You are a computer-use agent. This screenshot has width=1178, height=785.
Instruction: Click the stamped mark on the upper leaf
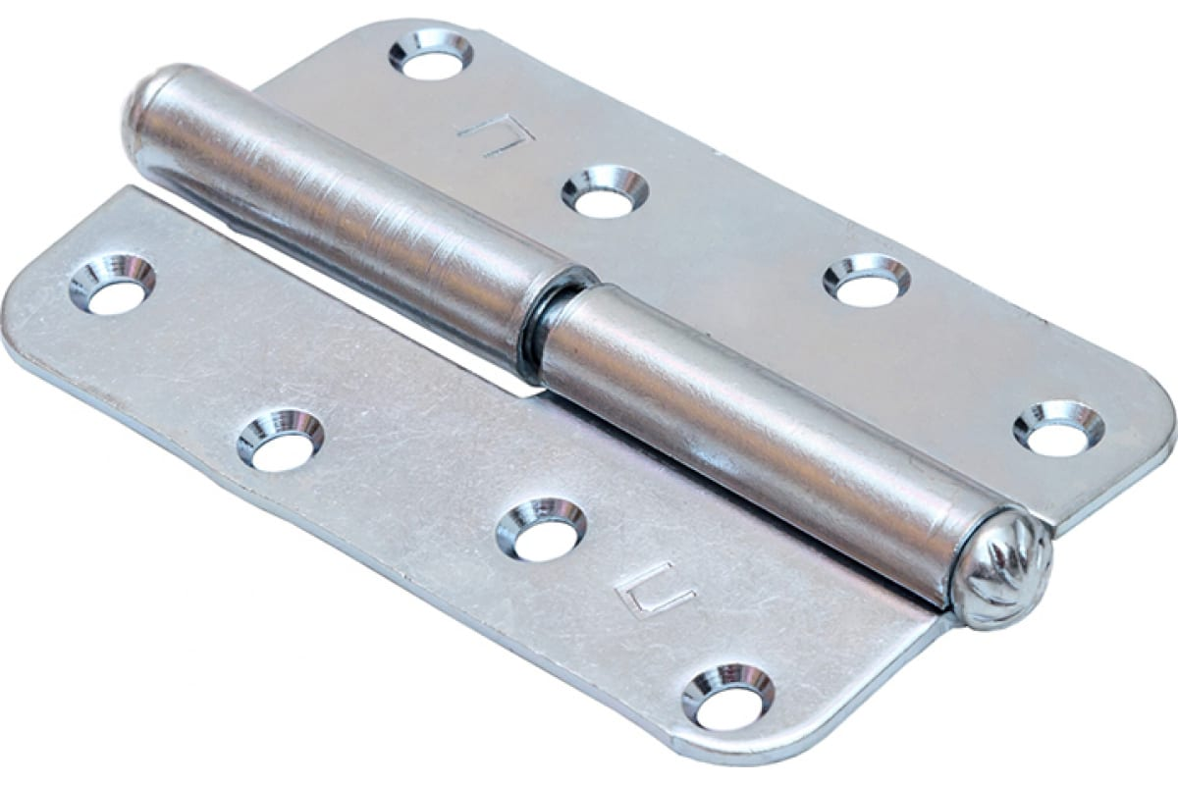click(x=497, y=133)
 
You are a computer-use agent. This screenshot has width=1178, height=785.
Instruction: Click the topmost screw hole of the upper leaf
click(x=431, y=55)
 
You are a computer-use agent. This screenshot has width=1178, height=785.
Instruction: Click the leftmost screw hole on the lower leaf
click(x=113, y=285)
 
